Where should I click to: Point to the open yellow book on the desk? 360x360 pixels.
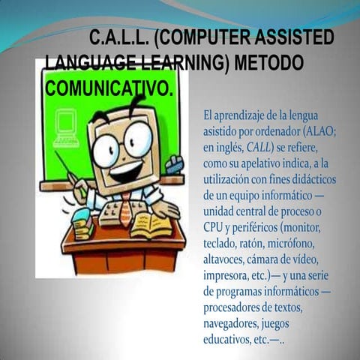point(151,224)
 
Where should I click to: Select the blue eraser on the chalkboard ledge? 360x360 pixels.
point(174,165)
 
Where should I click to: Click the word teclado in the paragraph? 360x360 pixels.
point(223,244)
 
